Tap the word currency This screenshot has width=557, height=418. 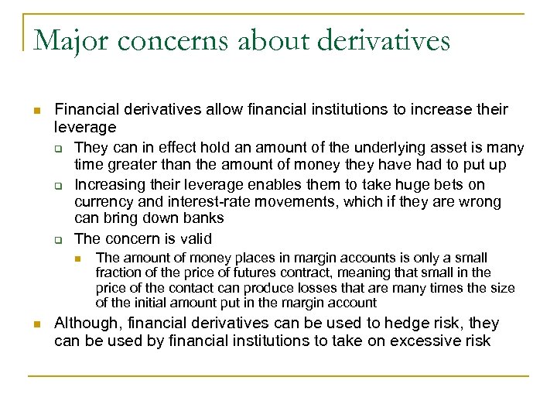coord(103,202)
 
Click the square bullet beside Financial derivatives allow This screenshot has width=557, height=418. coord(36,111)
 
